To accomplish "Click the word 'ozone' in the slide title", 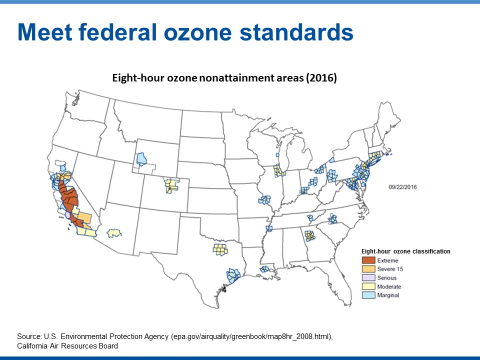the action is pyautogui.click(x=198, y=32).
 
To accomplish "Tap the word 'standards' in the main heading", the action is pyautogui.click(x=296, y=32).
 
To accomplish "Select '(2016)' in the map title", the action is pyautogui.click(x=321, y=78).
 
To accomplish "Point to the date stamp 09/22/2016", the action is pyautogui.click(x=402, y=187).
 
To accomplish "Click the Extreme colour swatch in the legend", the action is pyautogui.click(x=368, y=260).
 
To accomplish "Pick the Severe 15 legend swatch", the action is pyautogui.click(x=368, y=269).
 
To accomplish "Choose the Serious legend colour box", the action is pyautogui.click(x=368, y=277).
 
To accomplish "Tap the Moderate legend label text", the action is pyautogui.click(x=389, y=286).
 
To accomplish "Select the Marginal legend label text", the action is pyautogui.click(x=388, y=295).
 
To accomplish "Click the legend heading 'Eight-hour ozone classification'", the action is pyautogui.click(x=405, y=251).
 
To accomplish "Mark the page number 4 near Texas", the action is pyautogui.click(x=224, y=289).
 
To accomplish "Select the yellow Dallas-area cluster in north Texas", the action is pyautogui.click(x=220, y=249).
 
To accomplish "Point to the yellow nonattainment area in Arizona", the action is pyautogui.click(x=114, y=233).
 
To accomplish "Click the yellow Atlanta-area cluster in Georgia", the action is pyautogui.click(x=310, y=235).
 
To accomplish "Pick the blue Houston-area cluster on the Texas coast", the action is pyautogui.click(x=233, y=275).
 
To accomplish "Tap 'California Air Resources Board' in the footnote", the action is pyautogui.click(x=67, y=346).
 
